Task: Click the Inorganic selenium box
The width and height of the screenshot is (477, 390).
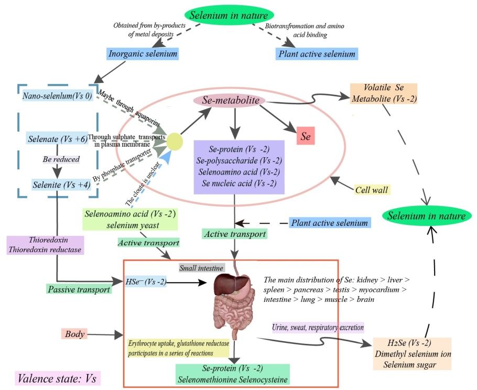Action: (x=142, y=54)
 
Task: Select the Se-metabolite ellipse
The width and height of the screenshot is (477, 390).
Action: (x=231, y=100)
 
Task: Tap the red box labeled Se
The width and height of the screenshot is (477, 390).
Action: (x=305, y=136)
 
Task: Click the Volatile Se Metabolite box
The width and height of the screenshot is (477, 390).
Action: (x=384, y=93)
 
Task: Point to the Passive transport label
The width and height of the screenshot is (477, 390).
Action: (x=79, y=288)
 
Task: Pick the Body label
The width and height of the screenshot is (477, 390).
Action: (x=74, y=333)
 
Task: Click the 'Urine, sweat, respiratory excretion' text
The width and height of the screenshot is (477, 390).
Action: (x=318, y=327)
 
